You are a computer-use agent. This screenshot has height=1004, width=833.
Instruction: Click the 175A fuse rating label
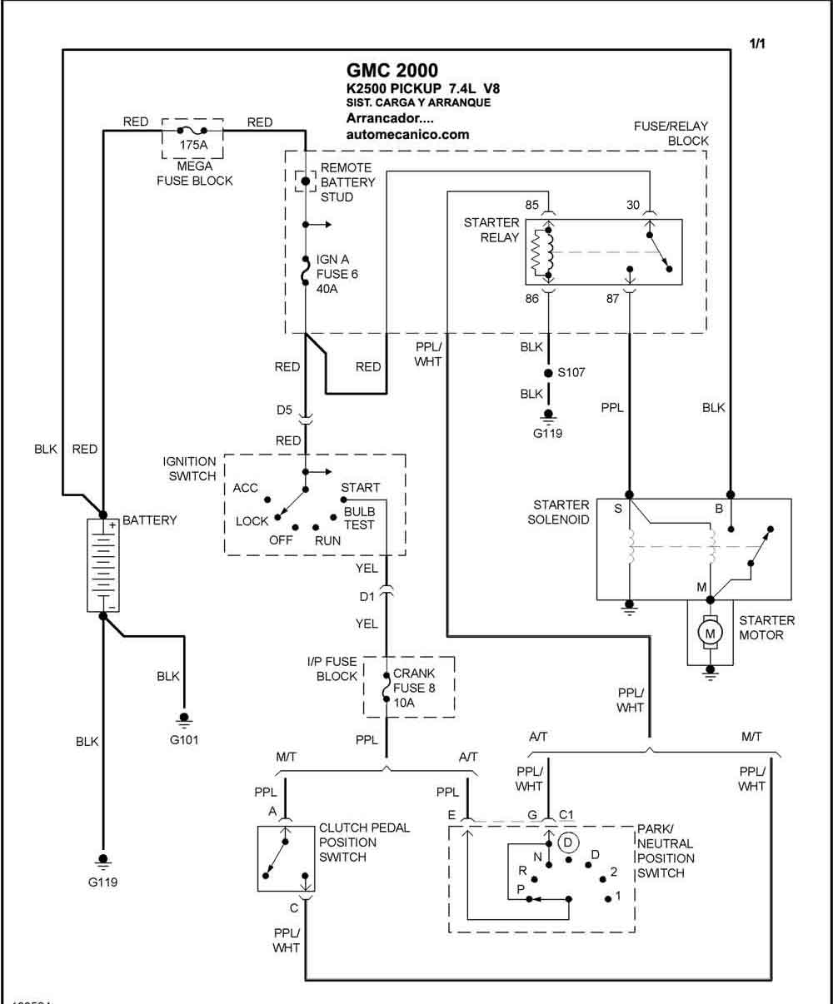tap(193, 145)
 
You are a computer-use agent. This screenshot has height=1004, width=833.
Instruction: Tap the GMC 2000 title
tap(392, 71)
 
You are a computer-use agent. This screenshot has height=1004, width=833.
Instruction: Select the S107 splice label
tap(571, 372)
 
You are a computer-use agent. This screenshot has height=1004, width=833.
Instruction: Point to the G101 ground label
tap(184, 739)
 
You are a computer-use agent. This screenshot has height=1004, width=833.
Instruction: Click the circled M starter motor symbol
tap(710, 634)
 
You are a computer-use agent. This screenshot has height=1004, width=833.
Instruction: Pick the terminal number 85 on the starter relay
tap(531, 205)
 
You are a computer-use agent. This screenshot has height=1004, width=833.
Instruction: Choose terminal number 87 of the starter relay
tap(612, 299)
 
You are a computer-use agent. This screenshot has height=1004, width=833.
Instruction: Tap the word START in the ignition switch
tap(361, 488)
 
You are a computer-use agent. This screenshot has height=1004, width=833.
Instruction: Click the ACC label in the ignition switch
tap(246, 488)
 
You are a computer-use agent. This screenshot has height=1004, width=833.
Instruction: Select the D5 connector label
tap(284, 410)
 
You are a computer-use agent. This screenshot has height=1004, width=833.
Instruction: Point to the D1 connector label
tap(367, 597)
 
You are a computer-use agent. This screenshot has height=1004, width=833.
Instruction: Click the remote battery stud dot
tap(305, 181)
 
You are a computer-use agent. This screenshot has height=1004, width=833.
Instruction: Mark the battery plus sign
tap(112, 525)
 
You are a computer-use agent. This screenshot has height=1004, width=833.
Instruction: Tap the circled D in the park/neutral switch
tap(568, 842)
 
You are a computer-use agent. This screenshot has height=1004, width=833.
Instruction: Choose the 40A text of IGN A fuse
tap(327, 289)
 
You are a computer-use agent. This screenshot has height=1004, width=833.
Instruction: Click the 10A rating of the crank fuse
tap(404, 703)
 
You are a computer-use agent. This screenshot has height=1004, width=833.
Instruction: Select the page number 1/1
tap(757, 44)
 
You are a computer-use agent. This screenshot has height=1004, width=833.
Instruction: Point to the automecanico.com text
tap(407, 135)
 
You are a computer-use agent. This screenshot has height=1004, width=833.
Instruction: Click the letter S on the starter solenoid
tap(618, 509)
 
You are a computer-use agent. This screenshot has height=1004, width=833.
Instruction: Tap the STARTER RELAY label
tap(491, 230)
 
